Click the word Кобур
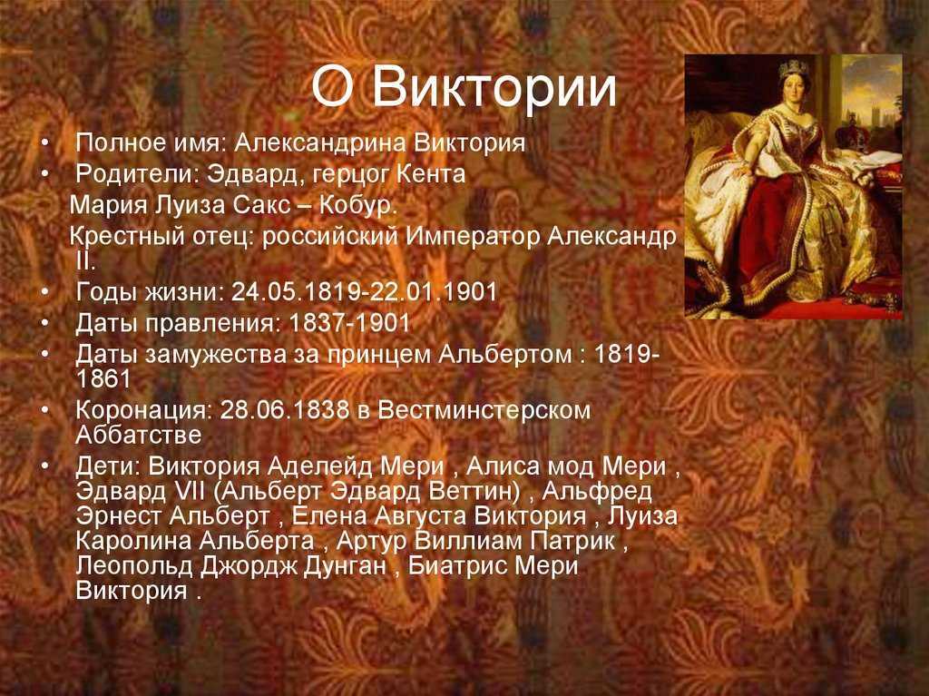pyautogui.click(x=357, y=205)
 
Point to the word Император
pyautogui.click(x=472, y=237)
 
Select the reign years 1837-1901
pyautogui.click(x=349, y=323)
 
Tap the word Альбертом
pyautogui.click(x=505, y=355)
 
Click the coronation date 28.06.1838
pyautogui.click(x=284, y=410)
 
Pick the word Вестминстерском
pyautogui.click(x=484, y=410)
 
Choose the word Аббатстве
pyautogui.click(x=139, y=436)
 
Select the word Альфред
pyautogui.click(x=597, y=492)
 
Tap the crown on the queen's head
pyautogui.click(x=793, y=68)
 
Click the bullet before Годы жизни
pyautogui.click(x=45, y=291)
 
